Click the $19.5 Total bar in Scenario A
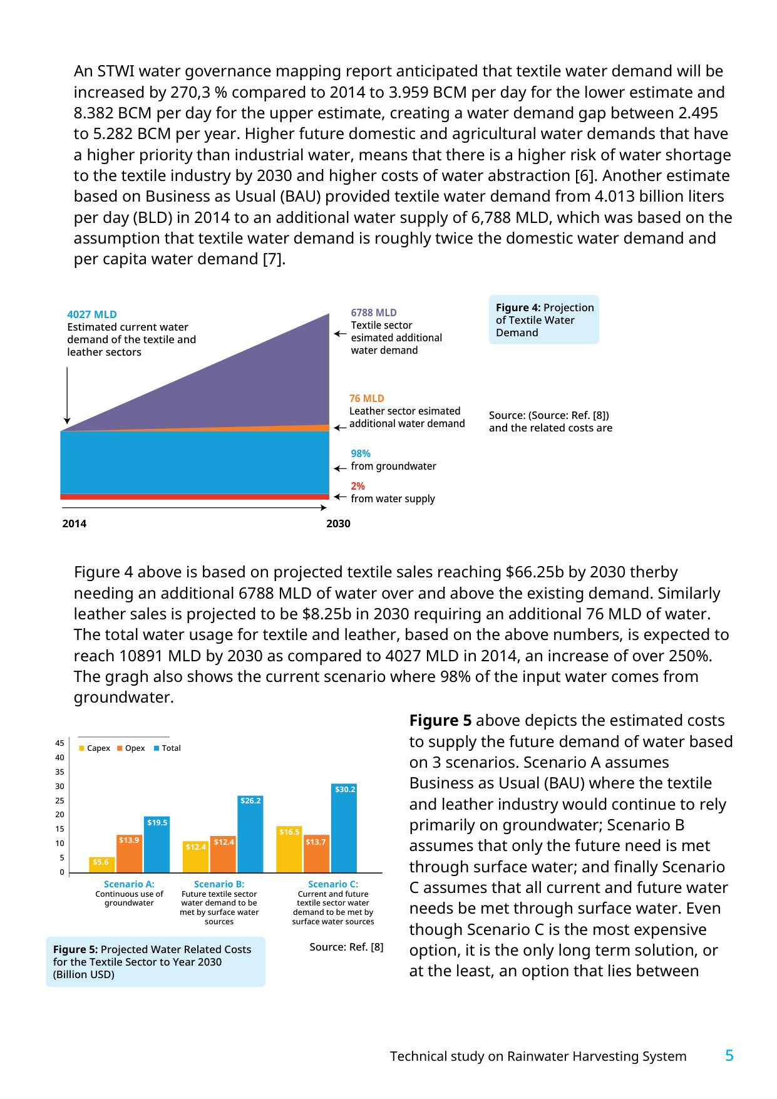click(157, 844)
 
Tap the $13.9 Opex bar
click(129, 854)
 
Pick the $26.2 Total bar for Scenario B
click(250, 834)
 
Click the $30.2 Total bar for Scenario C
click(344, 828)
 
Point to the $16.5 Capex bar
click(289, 849)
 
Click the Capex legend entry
click(95, 748)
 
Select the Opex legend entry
click(131, 748)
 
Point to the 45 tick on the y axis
click(59, 743)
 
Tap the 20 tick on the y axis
click(59, 815)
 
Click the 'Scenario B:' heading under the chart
click(219, 884)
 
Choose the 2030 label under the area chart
click(338, 524)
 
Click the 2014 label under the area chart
click(75, 524)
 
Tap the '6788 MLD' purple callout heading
click(374, 312)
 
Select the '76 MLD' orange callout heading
click(367, 398)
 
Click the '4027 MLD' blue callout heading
click(92, 314)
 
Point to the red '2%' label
click(358, 486)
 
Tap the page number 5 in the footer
click(729, 1056)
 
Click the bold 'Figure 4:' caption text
click(518, 307)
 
